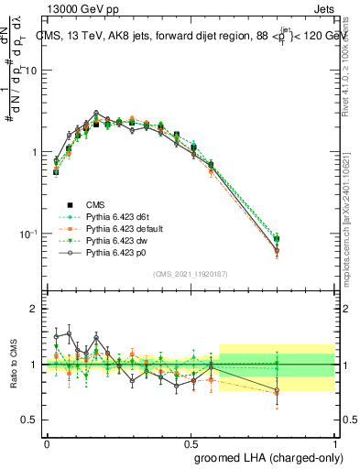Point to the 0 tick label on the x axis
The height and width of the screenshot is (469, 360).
pyautogui.click(x=48, y=442)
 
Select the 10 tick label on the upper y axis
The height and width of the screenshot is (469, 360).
pyautogui.click(x=30, y=71)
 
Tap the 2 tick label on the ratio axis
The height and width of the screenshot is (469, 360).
pyautogui.click(x=34, y=310)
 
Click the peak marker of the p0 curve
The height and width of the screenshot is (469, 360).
pyautogui.click(x=96, y=113)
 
